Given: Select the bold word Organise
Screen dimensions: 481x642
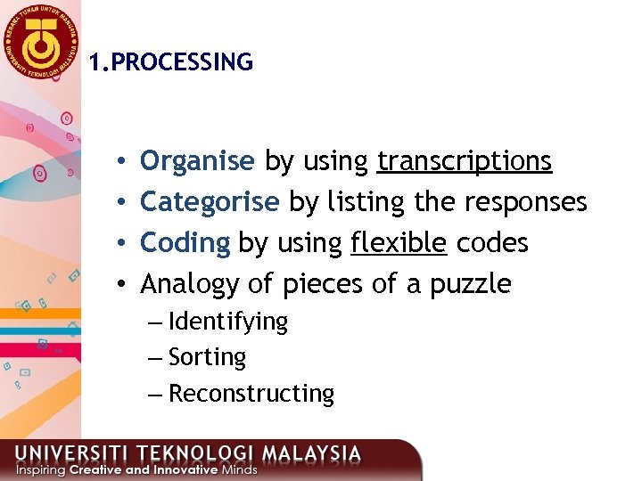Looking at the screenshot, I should click(x=197, y=161).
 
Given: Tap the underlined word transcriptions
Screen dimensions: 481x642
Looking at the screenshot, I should click(x=465, y=161).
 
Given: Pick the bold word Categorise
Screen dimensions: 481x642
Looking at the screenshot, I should click(x=210, y=202).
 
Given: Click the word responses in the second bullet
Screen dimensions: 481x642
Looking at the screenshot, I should click(x=525, y=202).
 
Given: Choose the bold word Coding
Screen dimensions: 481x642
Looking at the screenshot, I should click(x=185, y=243).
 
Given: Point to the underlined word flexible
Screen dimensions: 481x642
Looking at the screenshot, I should click(x=399, y=243).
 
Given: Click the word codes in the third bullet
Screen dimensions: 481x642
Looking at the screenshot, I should click(x=492, y=243).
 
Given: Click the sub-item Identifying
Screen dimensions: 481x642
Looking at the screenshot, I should click(x=228, y=322).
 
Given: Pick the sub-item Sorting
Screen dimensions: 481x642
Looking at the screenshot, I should click(x=207, y=357).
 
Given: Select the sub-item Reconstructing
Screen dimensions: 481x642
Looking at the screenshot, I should click(x=251, y=394).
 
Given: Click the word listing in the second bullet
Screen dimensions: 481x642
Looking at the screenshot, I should click(x=365, y=202).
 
